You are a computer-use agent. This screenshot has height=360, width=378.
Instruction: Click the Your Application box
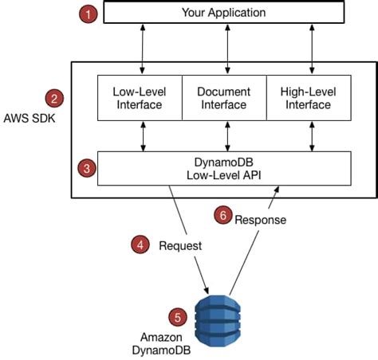224,13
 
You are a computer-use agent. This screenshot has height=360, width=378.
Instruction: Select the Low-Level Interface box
140,98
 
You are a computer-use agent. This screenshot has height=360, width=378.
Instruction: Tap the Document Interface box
224,98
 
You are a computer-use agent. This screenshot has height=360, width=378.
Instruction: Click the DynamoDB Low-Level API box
224,168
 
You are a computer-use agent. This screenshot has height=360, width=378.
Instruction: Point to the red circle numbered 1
89,14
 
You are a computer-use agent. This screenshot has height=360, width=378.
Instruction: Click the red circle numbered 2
54,99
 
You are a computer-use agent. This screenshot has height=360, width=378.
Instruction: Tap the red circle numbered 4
140,245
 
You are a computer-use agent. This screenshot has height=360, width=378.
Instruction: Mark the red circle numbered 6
226,215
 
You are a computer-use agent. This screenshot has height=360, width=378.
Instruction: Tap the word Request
179,246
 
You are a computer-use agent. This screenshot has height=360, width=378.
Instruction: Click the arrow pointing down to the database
191,239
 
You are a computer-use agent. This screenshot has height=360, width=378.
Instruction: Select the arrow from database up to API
254,239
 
